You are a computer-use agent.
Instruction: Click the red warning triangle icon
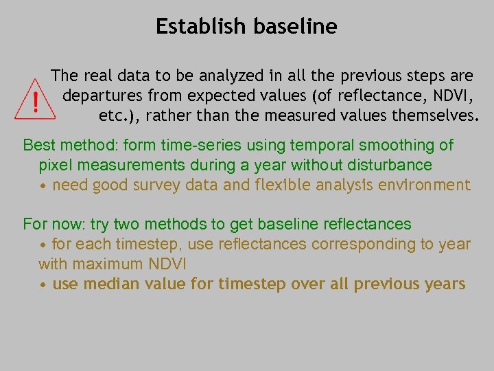(35, 100)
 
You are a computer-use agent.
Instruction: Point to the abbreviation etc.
(116, 115)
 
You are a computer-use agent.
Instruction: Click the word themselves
(434, 115)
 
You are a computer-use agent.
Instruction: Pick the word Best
(38, 145)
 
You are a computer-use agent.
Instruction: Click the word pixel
(54, 165)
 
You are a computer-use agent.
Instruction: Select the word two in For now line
(128, 224)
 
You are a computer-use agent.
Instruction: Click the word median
(107, 284)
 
